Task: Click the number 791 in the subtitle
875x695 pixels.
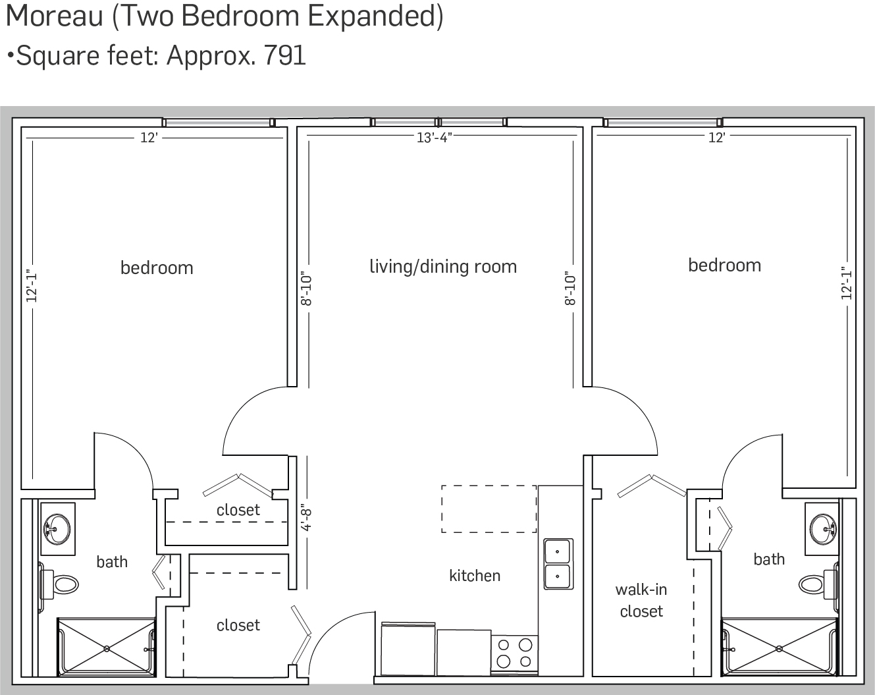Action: coord(284,55)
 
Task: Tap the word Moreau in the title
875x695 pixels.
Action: coord(55,16)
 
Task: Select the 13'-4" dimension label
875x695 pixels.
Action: coord(435,138)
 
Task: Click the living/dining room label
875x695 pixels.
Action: coord(443,267)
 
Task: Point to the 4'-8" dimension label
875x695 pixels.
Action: coord(306,519)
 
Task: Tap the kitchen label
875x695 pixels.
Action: coord(475,576)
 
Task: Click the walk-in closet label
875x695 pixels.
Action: coord(641,600)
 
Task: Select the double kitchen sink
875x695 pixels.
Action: coord(558,564)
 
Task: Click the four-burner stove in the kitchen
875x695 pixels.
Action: coord(514,655)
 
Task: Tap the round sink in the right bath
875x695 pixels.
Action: coord(822,529)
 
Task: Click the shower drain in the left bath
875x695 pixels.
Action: coord(107,649)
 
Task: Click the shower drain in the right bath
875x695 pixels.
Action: coord(779,649)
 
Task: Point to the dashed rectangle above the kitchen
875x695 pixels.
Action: coord(489,509)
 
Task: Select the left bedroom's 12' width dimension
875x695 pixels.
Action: coord(149,138)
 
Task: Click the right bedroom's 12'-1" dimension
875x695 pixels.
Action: coord(846,284)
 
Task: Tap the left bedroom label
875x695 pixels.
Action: coord(157,267)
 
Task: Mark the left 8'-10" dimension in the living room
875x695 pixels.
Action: coord(306,290)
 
